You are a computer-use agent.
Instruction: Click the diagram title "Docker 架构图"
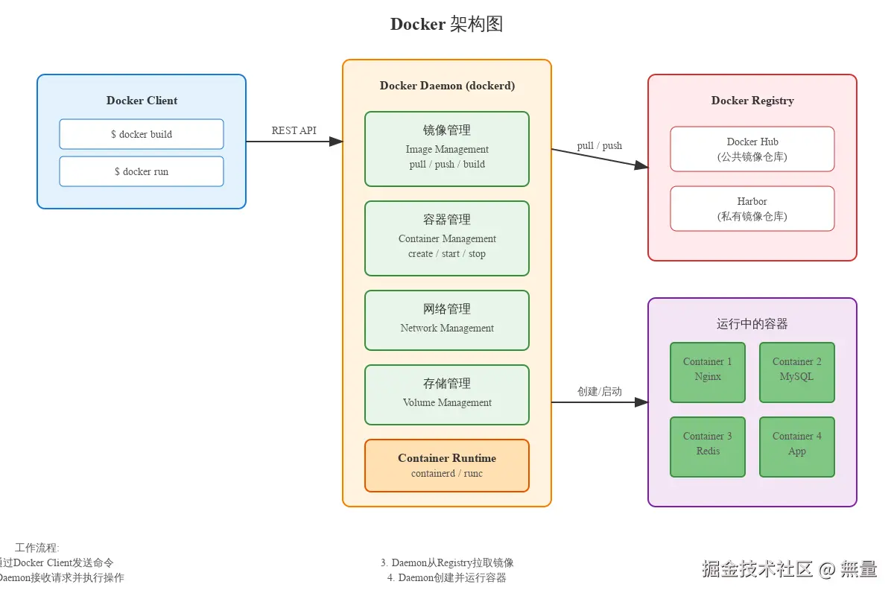[447, 24]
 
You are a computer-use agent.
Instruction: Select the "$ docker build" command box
[142, 134]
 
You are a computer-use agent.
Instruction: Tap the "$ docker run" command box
[142, 171]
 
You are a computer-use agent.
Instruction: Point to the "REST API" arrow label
[294, 130]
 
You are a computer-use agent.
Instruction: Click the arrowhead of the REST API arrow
[336, 142]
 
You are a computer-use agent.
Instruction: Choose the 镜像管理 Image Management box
[447, 148]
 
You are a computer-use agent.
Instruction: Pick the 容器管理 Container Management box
[447, 238]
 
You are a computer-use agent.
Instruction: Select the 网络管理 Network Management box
[447, 320]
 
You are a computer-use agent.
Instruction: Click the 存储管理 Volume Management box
[447, 394]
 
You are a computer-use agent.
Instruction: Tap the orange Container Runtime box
[447, 465]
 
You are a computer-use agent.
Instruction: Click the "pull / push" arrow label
[599, 145]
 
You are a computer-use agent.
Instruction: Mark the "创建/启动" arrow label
[599, 391]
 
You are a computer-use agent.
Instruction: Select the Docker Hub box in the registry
[752, 149]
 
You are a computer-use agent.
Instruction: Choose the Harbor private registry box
[752, 209]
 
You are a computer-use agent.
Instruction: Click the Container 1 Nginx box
[708, 372]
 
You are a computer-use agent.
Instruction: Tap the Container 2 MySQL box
[797, 372]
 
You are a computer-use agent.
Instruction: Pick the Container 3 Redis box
[708, 446]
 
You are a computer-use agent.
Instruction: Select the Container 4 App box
[797, 446]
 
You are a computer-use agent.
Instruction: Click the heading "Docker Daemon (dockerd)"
[447, 86]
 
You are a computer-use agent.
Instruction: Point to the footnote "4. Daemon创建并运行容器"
[447, 577]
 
